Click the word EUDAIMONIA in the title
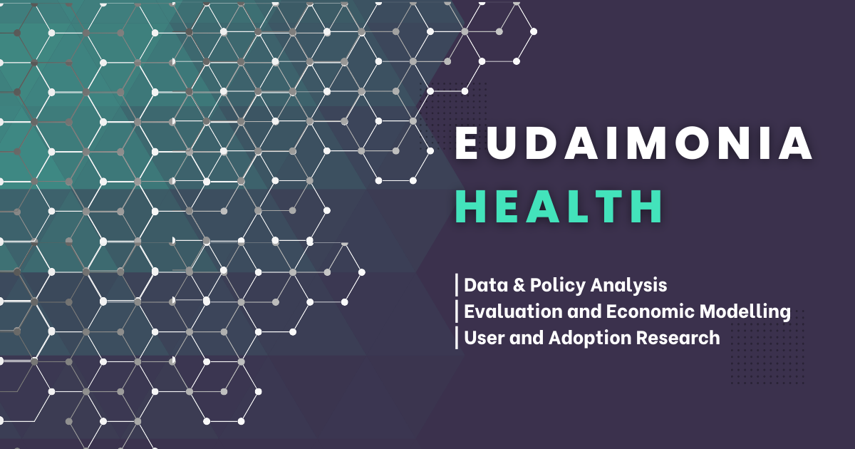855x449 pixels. [633, 145]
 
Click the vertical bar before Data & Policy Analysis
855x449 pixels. [457, 286]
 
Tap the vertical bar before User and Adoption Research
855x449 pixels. [457, 338]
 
